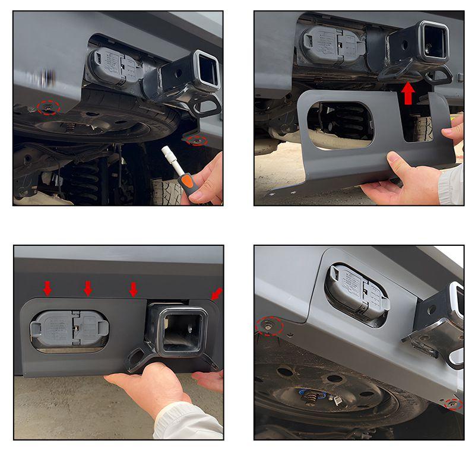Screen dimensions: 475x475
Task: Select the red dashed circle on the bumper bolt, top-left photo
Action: (x=49, y=107)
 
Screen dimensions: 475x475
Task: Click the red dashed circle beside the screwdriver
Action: (x=196, y=140)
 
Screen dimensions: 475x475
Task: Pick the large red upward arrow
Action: (x=408, y=93)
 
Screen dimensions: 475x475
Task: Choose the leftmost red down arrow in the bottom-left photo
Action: (x=47, y=288)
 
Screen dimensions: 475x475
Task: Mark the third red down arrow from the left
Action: (x=134, y=289)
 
